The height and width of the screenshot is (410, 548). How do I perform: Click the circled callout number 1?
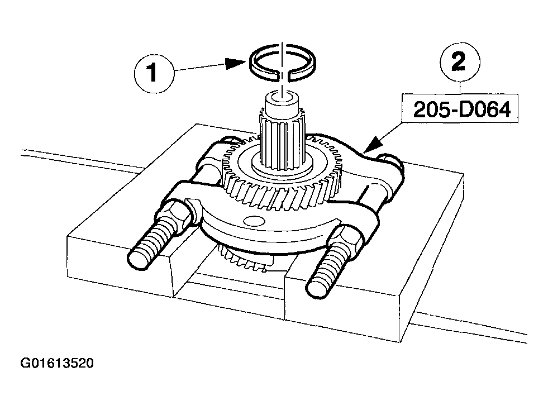tap(154, 74)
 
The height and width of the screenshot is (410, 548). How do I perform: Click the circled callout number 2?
tap(459, 62)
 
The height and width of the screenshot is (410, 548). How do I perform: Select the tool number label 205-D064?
tap(461, 109)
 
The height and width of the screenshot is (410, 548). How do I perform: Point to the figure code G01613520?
tap(57, 363)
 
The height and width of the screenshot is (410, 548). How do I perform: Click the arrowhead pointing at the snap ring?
tap(236, 63)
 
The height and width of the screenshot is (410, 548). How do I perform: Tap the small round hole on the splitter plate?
tap(254, 221)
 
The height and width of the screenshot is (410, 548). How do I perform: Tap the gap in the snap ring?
tap(283, 75)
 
